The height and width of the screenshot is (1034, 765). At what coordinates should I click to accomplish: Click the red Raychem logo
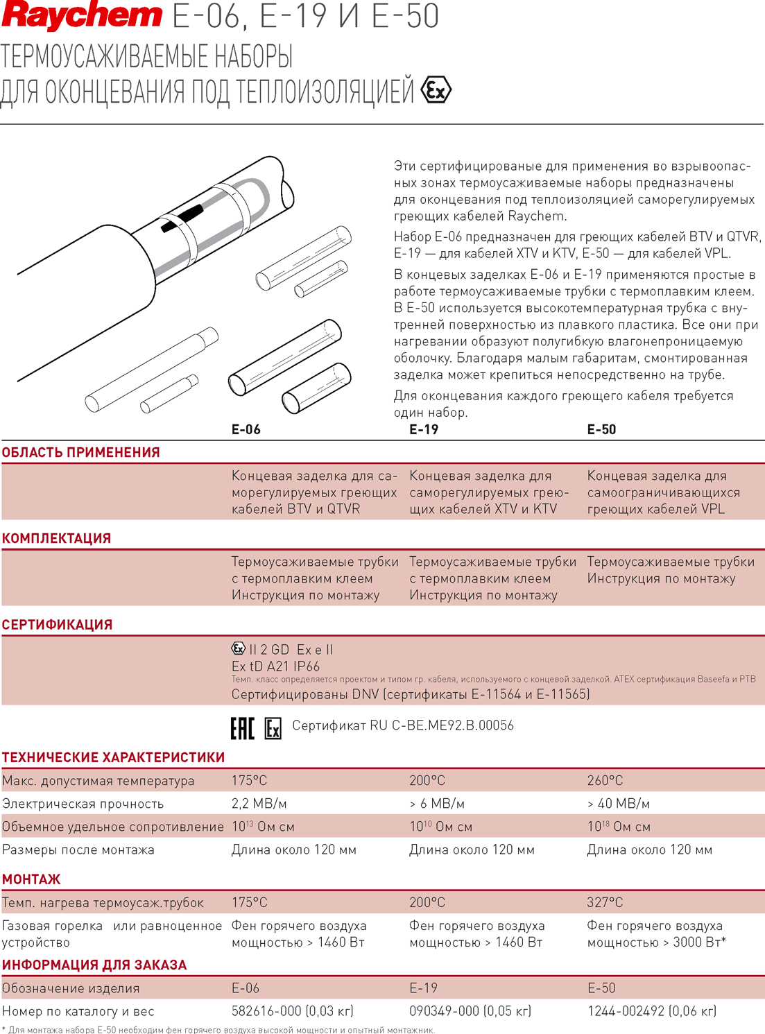pyautogui.click(x=82, y=16)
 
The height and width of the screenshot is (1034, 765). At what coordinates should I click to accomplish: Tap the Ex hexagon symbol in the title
pyautogui.click(x=436, y=90)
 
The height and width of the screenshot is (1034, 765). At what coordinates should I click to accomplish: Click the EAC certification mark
pyautogui.click(x=243, y=728)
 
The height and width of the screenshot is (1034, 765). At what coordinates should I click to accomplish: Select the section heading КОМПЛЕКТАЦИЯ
pyautogui.click(x=56, y=538)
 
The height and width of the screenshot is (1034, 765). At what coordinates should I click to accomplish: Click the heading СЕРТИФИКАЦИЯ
pyautogui.click(x=58, y=625)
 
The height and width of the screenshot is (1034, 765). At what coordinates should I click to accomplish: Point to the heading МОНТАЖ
pyautogui.click(x=31, y=879)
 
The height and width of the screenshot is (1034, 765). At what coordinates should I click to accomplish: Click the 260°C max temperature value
pyautogui.click(x=605, y=780)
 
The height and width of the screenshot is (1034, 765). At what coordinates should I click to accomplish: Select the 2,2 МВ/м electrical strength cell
pyautogui.click(x=259, y=804)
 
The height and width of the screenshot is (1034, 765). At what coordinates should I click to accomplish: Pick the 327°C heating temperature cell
pyautogui.click(x=605, y=902)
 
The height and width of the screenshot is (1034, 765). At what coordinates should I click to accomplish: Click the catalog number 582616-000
pyautogui.click(x=266, y=1011)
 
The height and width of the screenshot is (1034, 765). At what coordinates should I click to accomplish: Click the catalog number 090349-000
pyautogui.click(x=445, y=1011)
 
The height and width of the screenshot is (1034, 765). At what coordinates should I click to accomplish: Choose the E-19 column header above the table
pyautogui.click(x=424, y=429)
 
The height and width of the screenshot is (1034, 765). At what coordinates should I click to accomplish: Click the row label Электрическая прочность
pyautogui.click(x=83, y=804)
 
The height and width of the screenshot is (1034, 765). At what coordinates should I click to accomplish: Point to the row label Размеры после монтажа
pyautogui.click(x=78, y=850)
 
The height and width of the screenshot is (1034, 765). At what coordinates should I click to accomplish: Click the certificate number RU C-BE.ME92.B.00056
pyautogui.click(x=442, y=725)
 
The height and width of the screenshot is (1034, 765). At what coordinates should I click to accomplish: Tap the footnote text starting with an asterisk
pyautogui.click(x=218, y=1029)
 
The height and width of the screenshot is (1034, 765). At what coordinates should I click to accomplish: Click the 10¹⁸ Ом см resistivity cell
pyautogui.click(x=619, y=827)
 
